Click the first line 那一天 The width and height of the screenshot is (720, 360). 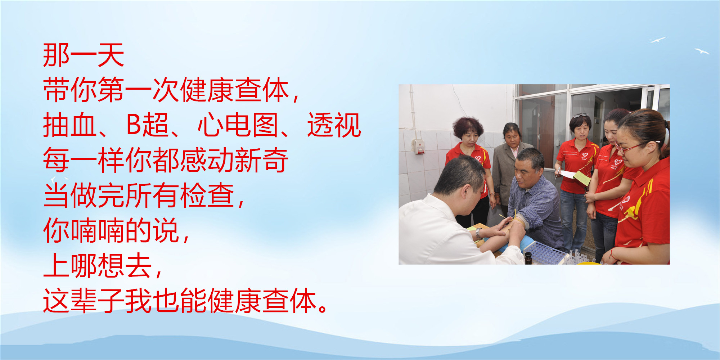tap(84, 55)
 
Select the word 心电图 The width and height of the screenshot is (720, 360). tap(238, 125)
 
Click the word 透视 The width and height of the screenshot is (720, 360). tap(334, 125)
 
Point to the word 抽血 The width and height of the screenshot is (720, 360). tap(69, 125)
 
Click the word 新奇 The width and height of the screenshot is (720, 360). tap(261, 160)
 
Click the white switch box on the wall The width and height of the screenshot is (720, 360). tap(418, 147)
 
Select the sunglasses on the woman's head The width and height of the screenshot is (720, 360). tap(580, 116)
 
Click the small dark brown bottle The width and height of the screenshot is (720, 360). tap(528, 258)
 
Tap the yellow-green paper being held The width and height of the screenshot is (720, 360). tap(581, 178)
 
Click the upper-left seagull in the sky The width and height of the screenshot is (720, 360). tap(658, 40)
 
